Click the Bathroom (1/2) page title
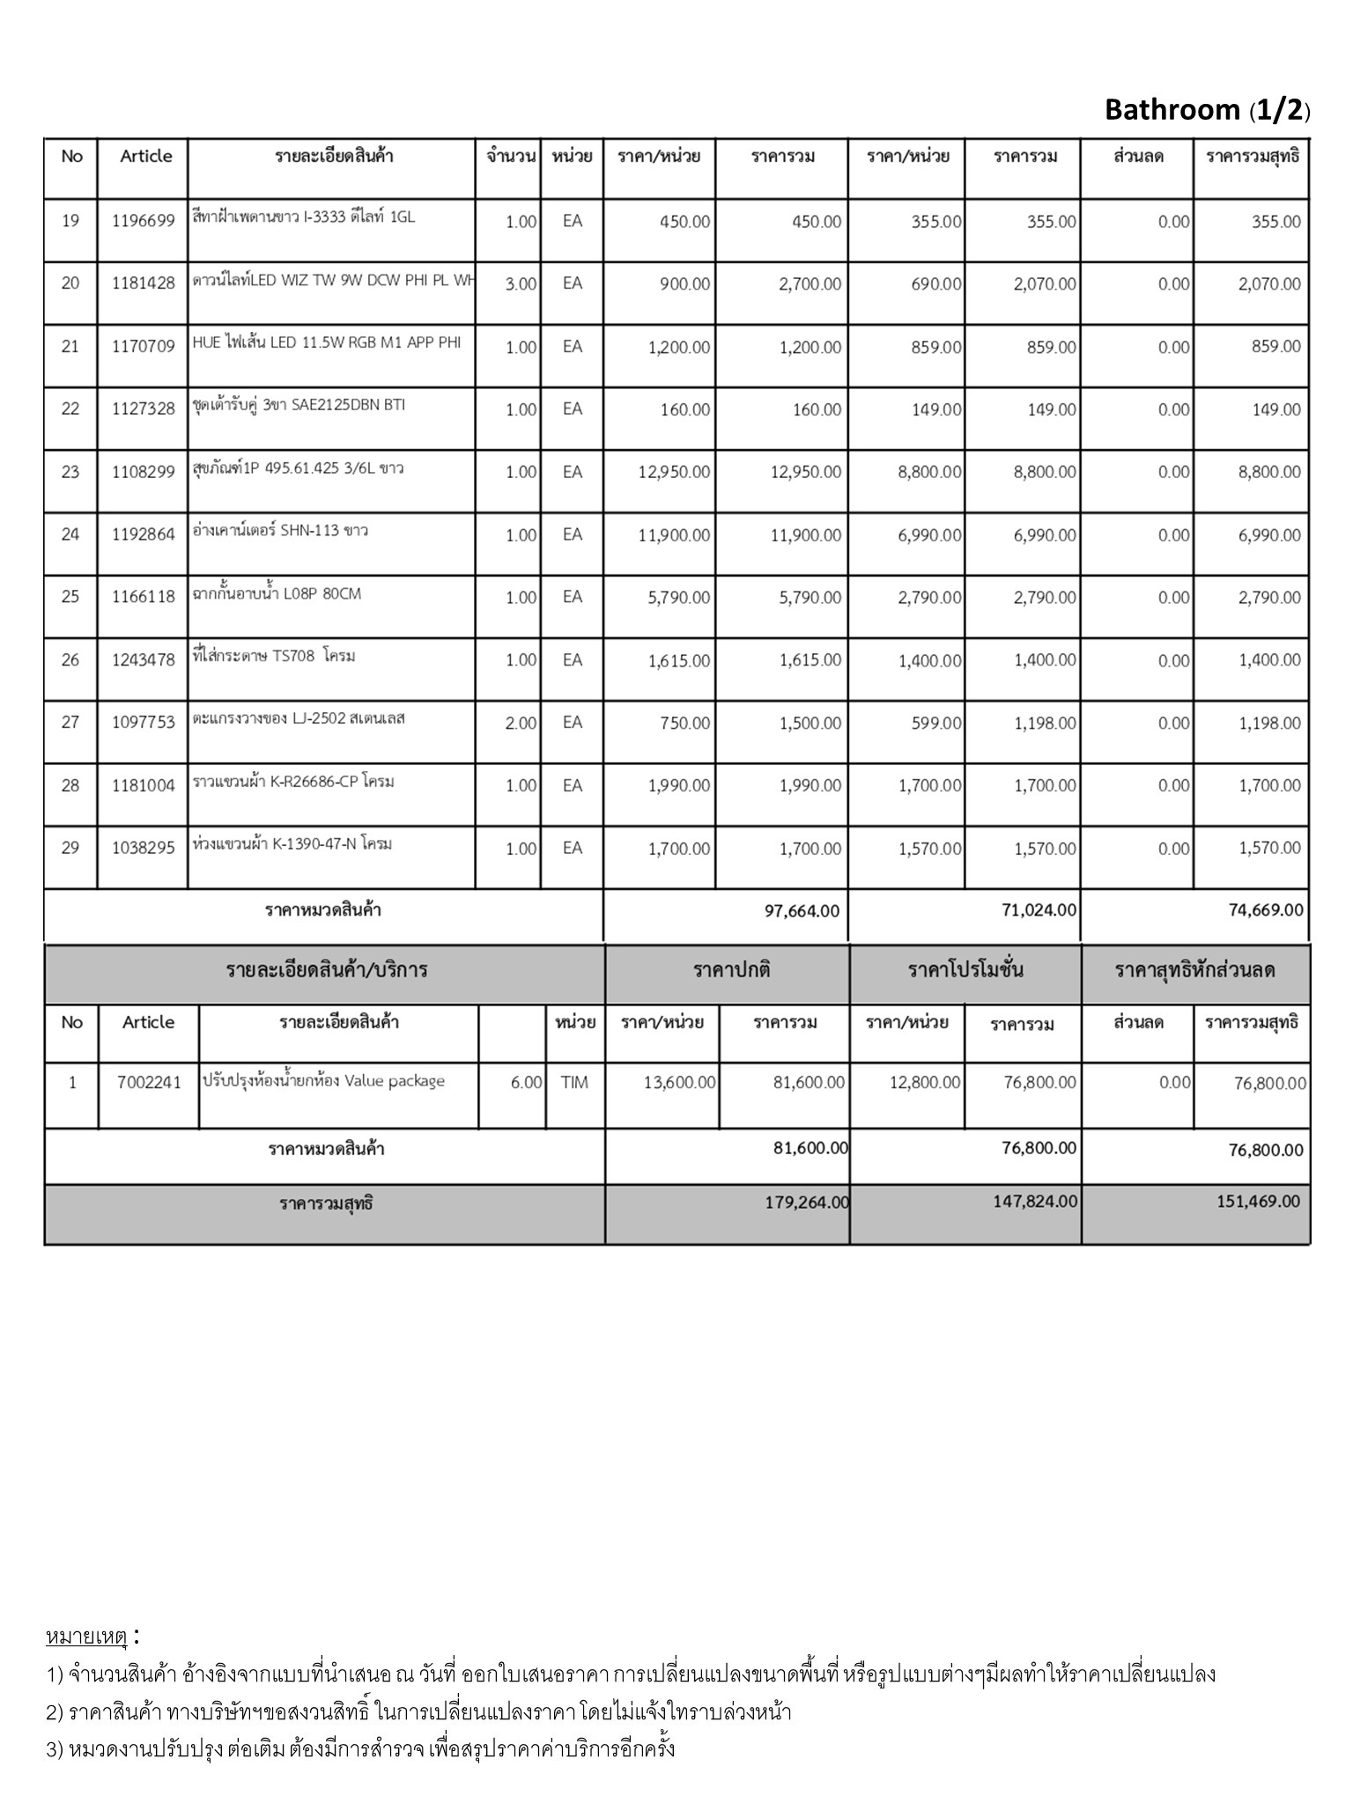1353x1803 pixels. pyautogui.click(x=1206, y=110)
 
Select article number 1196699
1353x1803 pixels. pyautogui.click(x=144, y=221)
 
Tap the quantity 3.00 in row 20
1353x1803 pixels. pyautogui.click(x=521, y=284)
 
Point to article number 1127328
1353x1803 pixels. pyautogui.click(x=144, y=409)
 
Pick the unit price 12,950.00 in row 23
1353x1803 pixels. pyautogui.click(x=674, y=472)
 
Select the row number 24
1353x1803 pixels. pyautogui.click(x=70, y=534)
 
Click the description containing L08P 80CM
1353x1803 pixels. pyautogui.click(x=277, y=594)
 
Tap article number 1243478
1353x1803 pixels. pyautogui.click(x=144, y=659)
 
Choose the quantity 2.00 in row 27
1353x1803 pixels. pyautogui.click(x=521, y=724)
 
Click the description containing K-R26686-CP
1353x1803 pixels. pyautogui.click(x=293, y=782)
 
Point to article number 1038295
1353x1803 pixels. pyautogui.click(x=144, y=849)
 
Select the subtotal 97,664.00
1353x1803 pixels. pyautogui.click(x=802, y=911)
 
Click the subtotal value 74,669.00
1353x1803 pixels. pyautogui.click(x=1266, y=910)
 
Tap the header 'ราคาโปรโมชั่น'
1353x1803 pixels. pyautogui.click(x=965, y=971)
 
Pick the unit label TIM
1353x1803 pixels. pyautogui.click(x=574, y=1083)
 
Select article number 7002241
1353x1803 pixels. pyautogui.click(x=149, y=1083)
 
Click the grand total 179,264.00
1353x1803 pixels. pyautogui.click(x=807, y=1203)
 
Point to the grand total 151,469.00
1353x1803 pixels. pyautogui.click(x=1258, y=1202)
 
